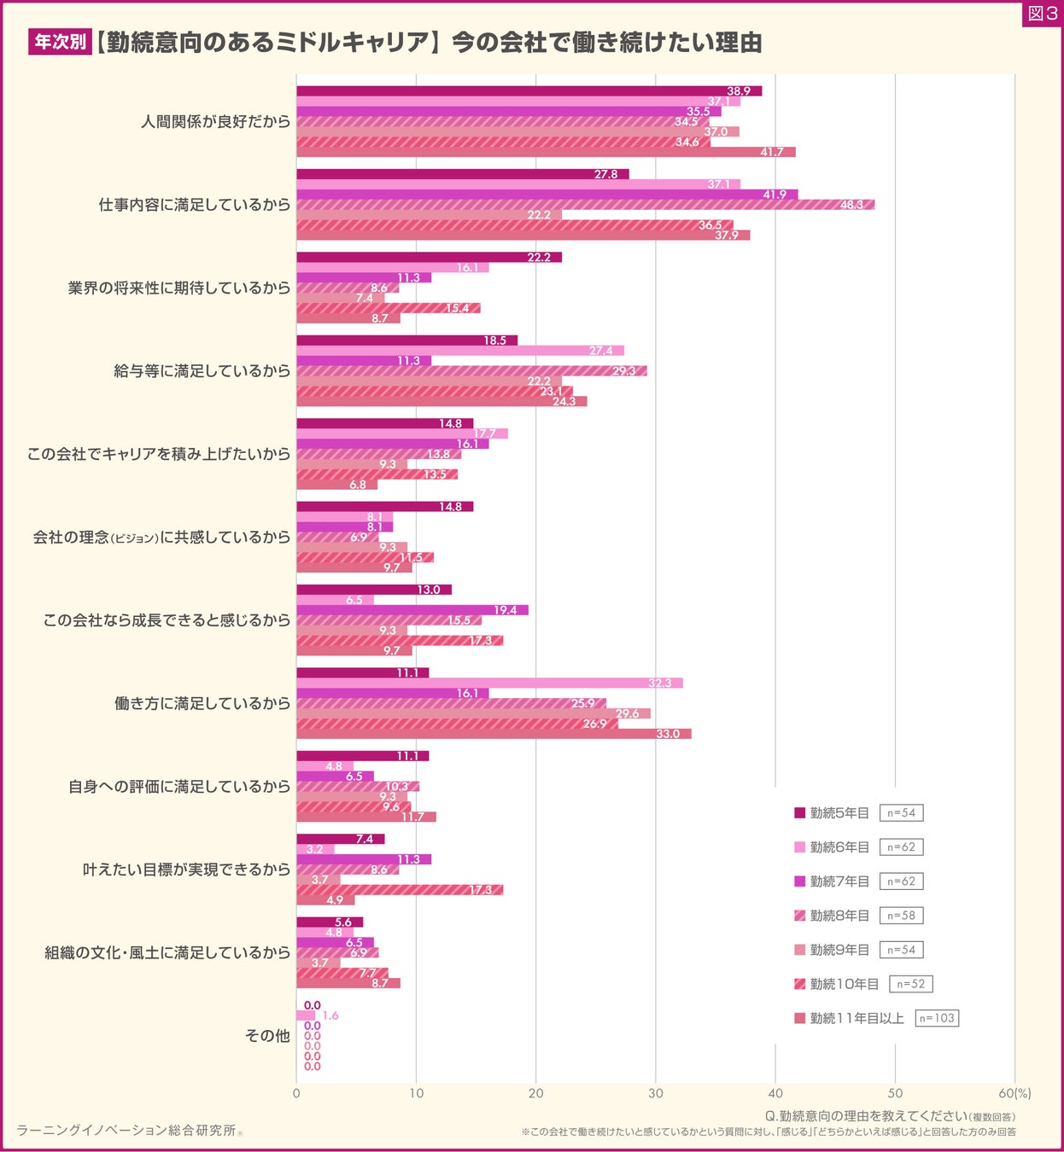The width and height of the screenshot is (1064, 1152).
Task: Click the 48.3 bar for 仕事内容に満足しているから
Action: (585, 205)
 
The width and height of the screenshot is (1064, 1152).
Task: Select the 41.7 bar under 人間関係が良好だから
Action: (546, 152)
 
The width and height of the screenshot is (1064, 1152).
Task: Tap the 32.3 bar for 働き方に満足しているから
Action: (489, 683)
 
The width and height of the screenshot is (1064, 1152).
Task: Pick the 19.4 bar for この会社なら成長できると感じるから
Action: (412, 610)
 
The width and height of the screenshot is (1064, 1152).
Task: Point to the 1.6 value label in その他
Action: (330, 1015)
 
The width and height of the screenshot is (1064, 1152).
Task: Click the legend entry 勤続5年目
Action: (832, 813)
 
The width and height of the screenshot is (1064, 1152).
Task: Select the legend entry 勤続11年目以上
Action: (849, 1018)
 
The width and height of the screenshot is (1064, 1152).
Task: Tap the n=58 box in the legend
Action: (901, 916)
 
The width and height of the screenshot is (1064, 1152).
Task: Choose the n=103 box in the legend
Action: (937, 1018)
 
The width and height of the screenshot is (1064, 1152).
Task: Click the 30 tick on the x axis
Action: (656, 1093)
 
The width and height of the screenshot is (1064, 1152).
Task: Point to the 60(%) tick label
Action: (1014, 1093)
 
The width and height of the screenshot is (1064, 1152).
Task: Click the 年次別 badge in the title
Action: (60, 42)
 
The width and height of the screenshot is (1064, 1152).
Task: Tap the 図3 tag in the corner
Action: (1042, 14)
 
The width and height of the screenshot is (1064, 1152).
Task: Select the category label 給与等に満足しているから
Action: (202, 371)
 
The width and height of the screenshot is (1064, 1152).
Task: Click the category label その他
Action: (267, 1036)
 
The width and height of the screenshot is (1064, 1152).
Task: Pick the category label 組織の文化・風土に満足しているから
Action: (167, 952)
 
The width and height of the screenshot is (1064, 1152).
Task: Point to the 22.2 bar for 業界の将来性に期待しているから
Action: (429, 257)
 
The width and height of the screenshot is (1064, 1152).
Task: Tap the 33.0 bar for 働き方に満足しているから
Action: (494, 734)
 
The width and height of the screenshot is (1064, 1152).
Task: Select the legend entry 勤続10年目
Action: (836, 984)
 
